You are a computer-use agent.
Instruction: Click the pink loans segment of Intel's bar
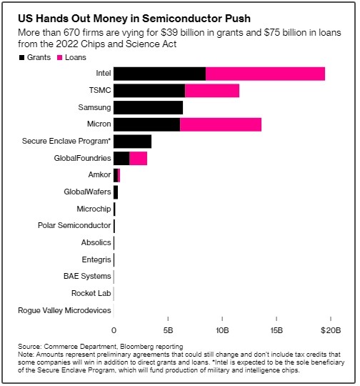point(265,74)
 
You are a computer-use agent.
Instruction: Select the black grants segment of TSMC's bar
point(149,91)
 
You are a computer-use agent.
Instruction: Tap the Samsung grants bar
point(148,107)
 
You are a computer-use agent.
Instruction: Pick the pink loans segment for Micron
point(221,124)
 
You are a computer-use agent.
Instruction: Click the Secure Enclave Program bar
point(132,142)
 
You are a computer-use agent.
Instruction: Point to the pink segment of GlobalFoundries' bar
point(139,158)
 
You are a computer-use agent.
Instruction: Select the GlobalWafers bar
point(116,192)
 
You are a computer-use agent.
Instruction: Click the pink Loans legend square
point(60,58)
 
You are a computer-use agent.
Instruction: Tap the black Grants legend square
point(21,58)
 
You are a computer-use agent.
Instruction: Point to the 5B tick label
point(168,330)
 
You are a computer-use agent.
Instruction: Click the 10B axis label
point(222,330)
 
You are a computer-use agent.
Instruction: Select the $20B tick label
point(331,330)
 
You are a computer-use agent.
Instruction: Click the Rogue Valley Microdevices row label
point(64,310)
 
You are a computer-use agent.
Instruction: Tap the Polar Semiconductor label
point(74,225)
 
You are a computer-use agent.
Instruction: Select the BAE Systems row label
point(87,276)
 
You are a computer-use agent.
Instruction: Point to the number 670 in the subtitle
point(71,32)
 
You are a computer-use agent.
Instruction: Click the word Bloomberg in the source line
point(137,347)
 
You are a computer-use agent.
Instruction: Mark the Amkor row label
point(99,174)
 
